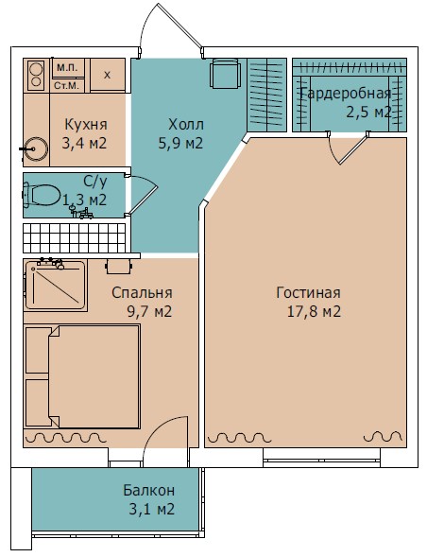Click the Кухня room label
click(x=86, y=125)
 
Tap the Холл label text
click(x=186, y=125)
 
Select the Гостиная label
click(x=309, y=293)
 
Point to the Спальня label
click(x=142, y=293)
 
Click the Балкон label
click(x=149, y=490)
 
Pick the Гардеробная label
click(x=346, y=94)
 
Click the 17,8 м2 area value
click(x=314, y=311)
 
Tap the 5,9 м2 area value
click(x=180, y=143)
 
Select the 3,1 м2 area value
click(x=152, y=510)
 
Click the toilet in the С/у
click(x=42, y=195)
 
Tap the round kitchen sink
click(x=36, y=148)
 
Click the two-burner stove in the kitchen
click(x=36, y=75)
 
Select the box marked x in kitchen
click(x=108, y=75)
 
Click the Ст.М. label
click(x=66, y=86)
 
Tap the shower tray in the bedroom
click(x=56, y=286)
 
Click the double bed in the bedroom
click(x=82, y=376)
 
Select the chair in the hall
click(x=225, y=74)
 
